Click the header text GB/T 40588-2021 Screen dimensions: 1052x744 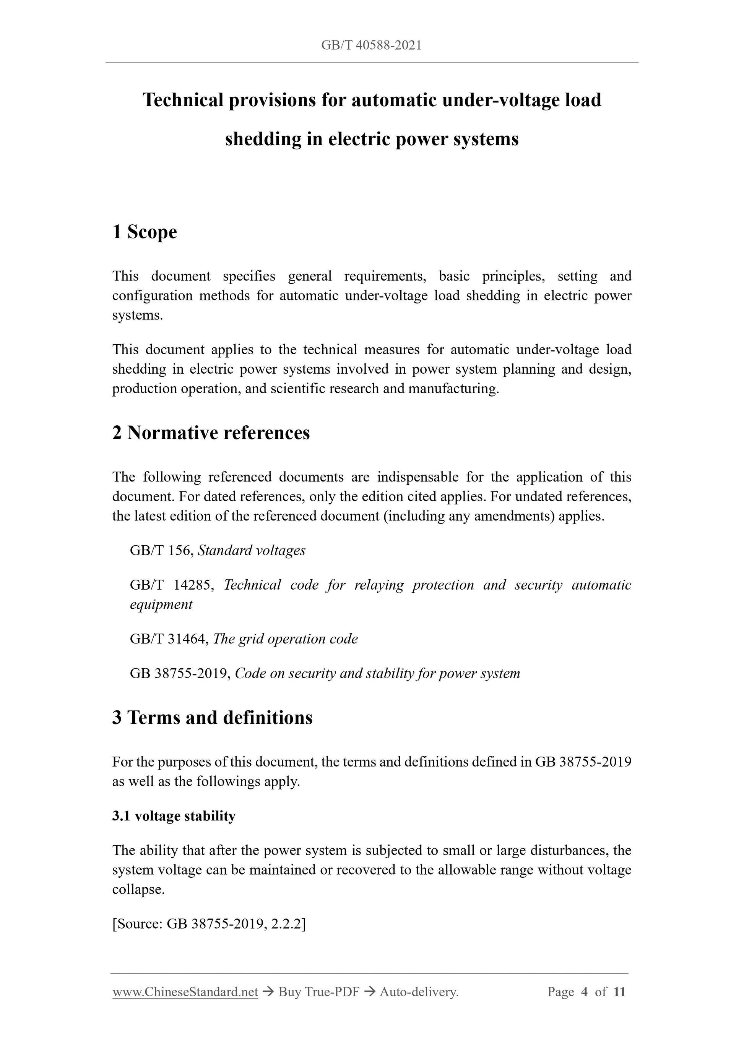(371, 45)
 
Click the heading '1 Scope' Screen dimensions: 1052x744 (145, 232)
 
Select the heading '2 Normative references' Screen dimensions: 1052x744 (211, 433)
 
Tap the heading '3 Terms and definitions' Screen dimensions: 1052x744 (212, 718)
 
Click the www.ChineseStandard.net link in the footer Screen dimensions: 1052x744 (185, 992)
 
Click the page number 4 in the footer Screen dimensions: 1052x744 (584, 992)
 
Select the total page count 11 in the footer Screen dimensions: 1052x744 (619, 992)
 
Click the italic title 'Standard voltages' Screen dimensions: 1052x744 (251, 550)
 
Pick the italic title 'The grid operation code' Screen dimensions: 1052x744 (285, 639)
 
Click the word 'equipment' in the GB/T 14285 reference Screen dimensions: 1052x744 (161, 605)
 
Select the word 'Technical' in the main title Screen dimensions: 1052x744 (183, 100)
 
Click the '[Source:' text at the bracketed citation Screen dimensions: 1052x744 (138, 924)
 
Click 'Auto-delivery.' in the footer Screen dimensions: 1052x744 (419, 992)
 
